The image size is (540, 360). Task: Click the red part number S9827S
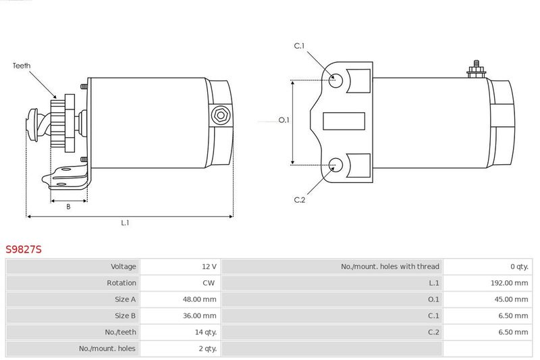point(24,249)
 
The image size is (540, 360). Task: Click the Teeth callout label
point(22,66)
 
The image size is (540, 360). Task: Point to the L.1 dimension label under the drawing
point(125,223)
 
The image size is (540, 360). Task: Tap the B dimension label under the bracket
point(68,207)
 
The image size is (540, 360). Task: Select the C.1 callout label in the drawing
point(299,46)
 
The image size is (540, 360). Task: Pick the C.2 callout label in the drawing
point(299,200)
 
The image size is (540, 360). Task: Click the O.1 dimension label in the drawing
point(283,120)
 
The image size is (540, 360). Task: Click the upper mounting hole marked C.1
point(335,80)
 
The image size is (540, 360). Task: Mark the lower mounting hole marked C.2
point(335,165)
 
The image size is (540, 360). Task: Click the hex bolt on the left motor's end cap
point(221,115)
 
